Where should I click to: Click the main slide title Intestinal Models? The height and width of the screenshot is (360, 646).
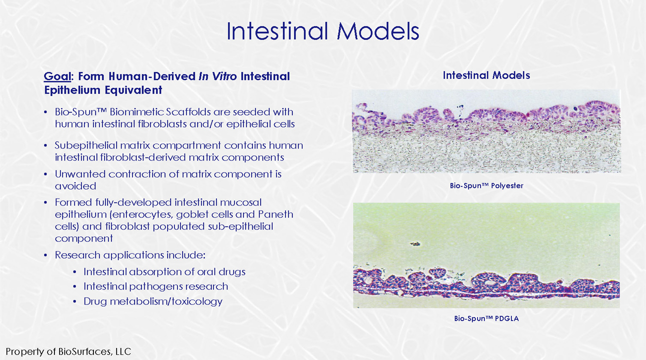322,31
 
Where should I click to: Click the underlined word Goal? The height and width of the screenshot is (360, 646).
57,76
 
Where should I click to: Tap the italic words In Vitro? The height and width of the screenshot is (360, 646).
217,76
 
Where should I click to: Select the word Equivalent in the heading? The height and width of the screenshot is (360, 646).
133,90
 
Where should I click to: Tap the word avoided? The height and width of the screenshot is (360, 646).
75,186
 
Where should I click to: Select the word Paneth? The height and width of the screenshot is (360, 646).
275,214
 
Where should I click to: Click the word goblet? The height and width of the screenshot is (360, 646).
190,214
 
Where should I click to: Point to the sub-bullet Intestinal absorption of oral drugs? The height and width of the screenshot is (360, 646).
164,271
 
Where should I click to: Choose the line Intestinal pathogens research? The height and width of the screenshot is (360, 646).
155,286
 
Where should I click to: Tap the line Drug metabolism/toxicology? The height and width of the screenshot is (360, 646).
153,301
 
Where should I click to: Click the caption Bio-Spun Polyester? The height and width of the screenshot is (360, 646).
486,185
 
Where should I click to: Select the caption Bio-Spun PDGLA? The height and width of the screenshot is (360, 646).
486,318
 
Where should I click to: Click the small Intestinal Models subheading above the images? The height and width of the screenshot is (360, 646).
486,75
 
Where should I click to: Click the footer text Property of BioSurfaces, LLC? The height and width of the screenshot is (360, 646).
68,351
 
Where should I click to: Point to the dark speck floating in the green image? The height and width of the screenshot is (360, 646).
415,244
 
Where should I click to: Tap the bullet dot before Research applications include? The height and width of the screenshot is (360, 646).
45,255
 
